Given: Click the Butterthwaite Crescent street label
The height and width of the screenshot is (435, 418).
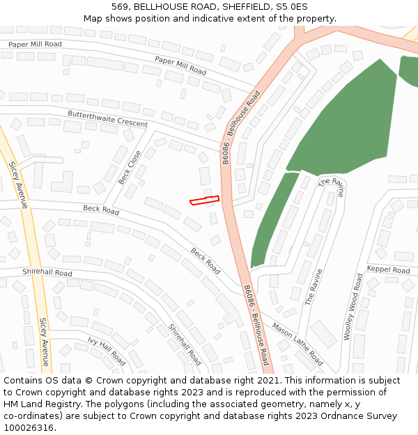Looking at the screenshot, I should [x=107, y=118].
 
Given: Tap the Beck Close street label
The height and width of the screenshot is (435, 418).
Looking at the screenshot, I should [x=130, y=167].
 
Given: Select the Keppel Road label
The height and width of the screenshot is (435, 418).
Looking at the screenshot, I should [x=389, y=269].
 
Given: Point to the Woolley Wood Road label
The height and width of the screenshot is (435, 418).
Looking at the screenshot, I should [x=353, y=306].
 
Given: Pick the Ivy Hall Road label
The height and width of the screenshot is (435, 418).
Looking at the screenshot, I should [x=107, y=351].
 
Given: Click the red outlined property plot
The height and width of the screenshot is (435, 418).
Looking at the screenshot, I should [x=205, y=200].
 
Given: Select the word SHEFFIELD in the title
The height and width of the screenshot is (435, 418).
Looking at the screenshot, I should [x=247, y=6].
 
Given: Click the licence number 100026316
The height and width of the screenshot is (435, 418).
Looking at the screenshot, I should [x=29, y=428].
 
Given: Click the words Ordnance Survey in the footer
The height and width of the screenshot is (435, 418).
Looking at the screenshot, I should [x=356, y=416].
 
